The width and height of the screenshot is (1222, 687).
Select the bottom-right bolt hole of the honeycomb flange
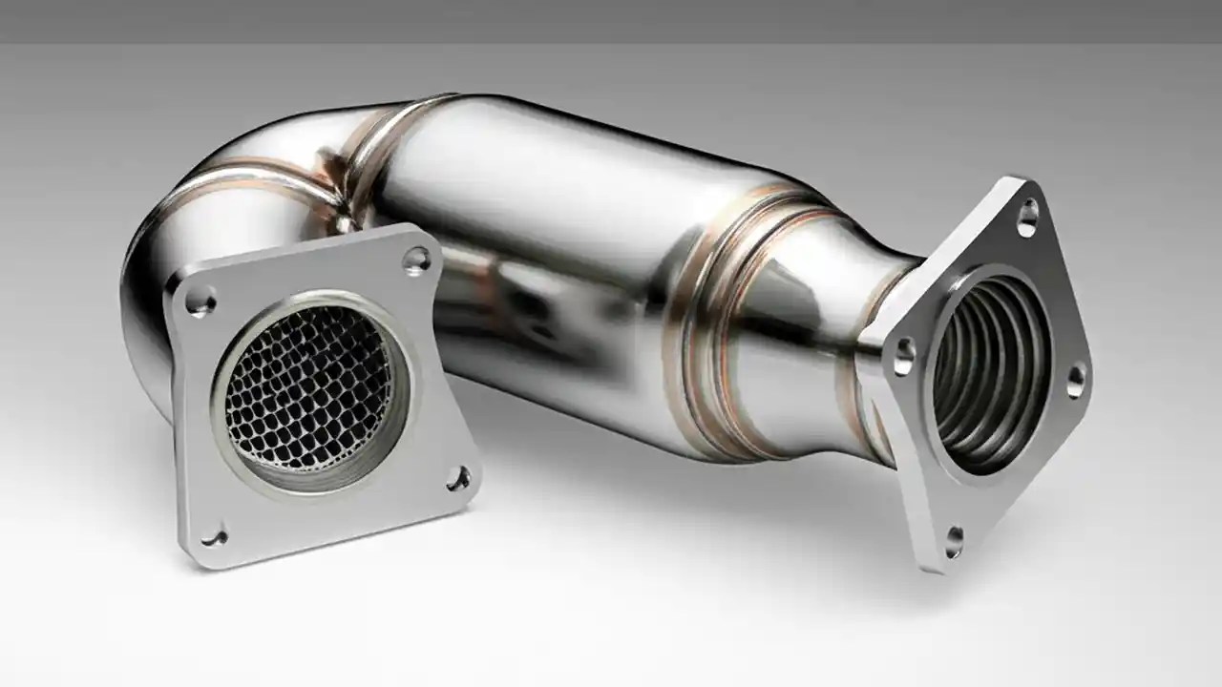(459, 478)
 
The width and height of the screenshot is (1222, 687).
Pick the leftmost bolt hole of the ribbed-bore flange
(902, 356)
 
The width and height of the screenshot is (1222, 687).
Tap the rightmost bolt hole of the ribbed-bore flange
(1076, 380)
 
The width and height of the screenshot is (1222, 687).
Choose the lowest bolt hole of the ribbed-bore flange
(954, 541)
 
